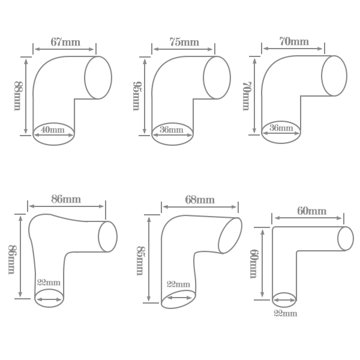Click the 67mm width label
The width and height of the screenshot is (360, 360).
tap(65, 42)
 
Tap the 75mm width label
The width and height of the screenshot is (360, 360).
tap(184, 42)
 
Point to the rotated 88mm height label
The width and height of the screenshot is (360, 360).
tap(17, 96)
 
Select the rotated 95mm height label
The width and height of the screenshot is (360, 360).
tap(136, 96)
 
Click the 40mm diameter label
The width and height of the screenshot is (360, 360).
tap(53, 130)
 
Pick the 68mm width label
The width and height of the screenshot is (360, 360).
tap(200, 200)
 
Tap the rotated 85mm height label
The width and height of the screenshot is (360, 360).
tap(140, 261)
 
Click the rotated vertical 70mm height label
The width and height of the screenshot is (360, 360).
tap(246, 96)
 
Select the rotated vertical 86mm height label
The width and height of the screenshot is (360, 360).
tap(12, 259)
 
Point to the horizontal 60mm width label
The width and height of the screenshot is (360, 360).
tap(312, 211)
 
